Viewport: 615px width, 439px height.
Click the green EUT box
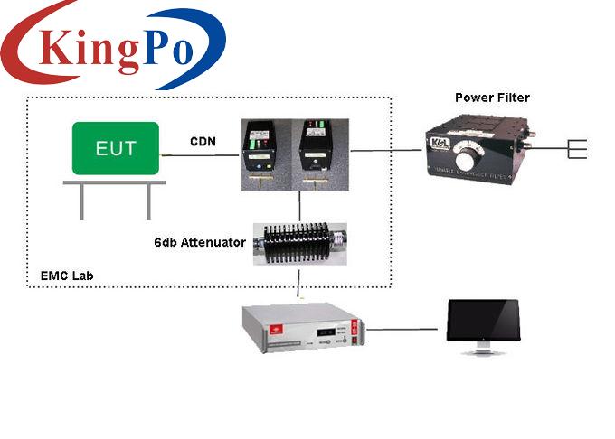point(116,148)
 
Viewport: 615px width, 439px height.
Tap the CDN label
point(202,141)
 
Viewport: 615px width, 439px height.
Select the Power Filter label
point(491,98)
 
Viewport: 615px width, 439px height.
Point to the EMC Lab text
point(66,275)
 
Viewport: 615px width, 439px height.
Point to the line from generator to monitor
point(402,329)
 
